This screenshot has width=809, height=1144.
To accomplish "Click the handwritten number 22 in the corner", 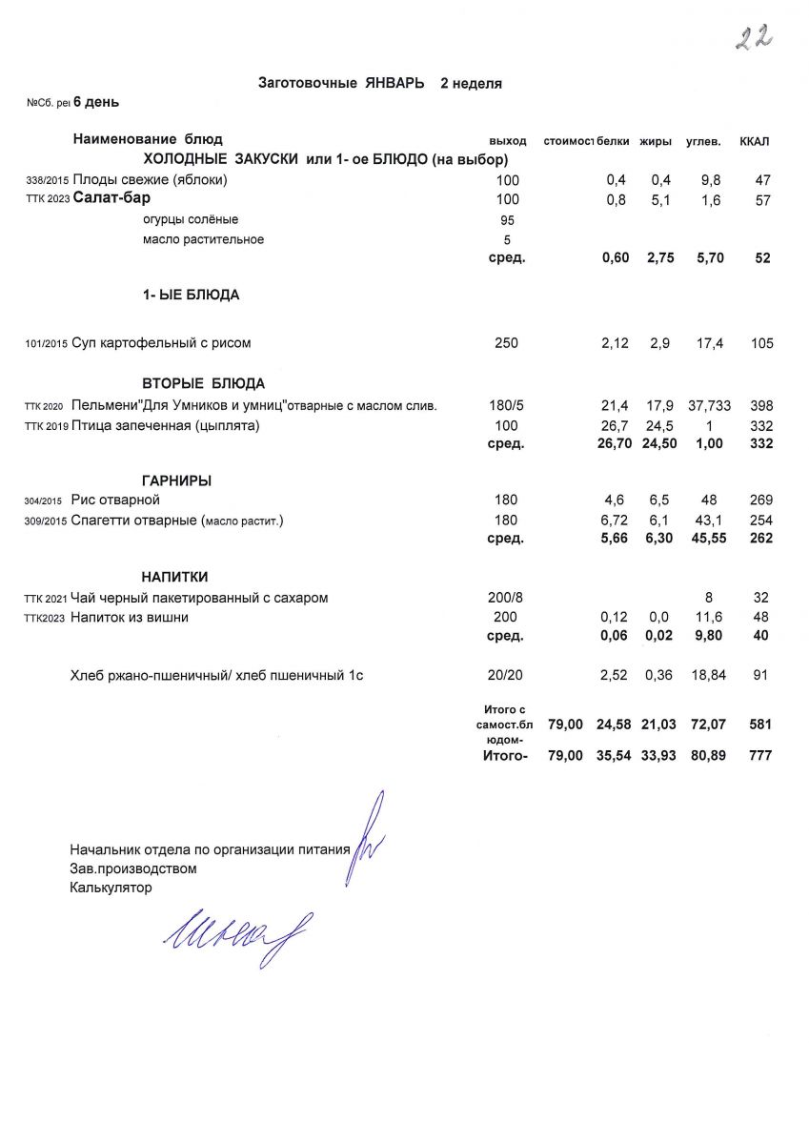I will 753,37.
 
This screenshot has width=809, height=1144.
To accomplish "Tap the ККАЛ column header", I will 755,142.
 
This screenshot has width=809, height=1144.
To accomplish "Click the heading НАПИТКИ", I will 175,577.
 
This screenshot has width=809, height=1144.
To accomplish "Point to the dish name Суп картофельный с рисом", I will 161,343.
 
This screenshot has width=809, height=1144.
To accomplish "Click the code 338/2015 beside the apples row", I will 47,180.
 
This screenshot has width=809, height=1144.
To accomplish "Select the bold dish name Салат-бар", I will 112,199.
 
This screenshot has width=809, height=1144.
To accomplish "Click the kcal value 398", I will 760,406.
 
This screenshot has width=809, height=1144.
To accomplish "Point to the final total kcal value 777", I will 760,756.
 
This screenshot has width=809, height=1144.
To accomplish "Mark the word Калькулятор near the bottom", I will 111,888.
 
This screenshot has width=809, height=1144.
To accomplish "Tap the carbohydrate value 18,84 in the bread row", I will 706,676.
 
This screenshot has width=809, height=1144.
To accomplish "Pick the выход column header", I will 507,142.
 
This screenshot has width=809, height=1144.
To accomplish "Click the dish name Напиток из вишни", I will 130,617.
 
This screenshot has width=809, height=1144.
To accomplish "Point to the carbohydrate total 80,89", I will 706,756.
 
